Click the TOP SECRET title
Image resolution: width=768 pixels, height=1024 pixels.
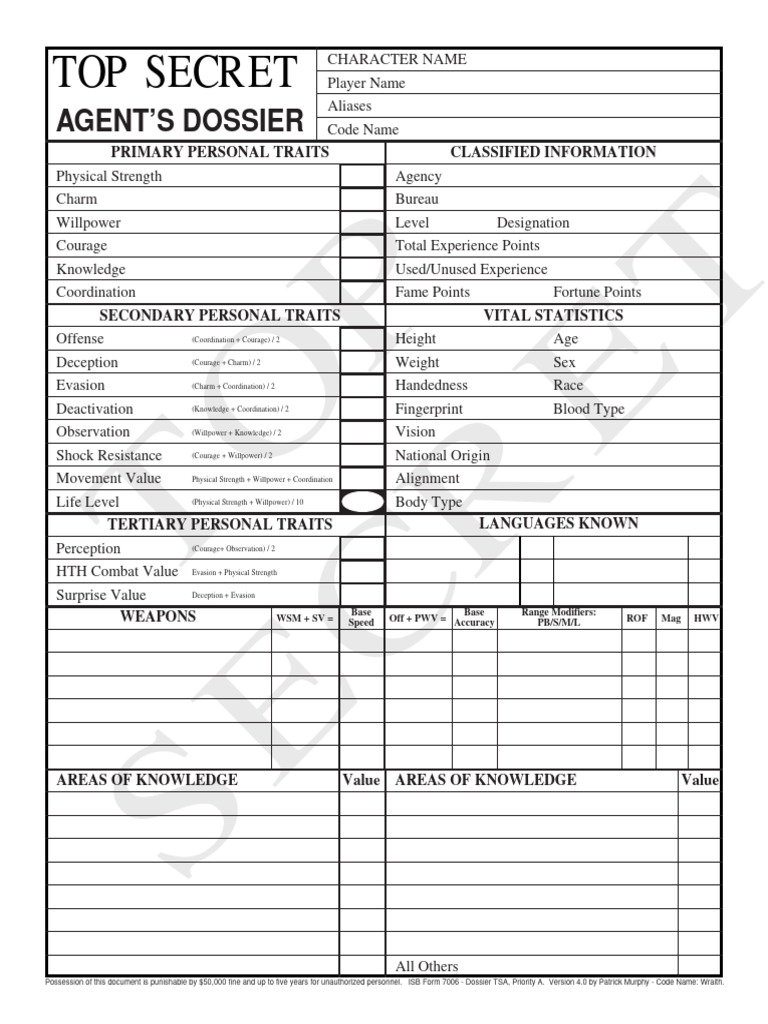coord(175,73)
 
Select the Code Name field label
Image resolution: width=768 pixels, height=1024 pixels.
coord(363,130)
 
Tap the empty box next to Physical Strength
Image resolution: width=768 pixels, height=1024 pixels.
coord(361,176)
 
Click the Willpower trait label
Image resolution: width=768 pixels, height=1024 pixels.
coord(88,223)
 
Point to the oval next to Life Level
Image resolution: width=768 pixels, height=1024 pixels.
coord(361,502)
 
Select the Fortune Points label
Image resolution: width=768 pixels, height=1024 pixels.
coord(597,292)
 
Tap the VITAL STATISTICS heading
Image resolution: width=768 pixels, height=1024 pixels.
coord(553,316)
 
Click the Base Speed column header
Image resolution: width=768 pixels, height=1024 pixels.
coord(361,617)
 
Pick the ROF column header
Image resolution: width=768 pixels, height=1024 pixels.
coord(636,618)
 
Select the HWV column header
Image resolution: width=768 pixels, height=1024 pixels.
coord(705,618)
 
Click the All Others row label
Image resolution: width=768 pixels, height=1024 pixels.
coord(427,966)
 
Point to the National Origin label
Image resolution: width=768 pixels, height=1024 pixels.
coord(442,456)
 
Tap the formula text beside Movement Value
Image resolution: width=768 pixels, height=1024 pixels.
coord(262,480)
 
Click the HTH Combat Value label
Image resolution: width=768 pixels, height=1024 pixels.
coord(117,572)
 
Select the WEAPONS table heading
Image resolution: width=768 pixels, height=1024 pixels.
coord(158,617)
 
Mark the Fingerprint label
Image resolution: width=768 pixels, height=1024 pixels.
coord(429,409)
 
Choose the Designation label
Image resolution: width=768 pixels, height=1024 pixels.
coord(533,223)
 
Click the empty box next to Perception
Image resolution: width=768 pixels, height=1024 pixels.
coord(361,548)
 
